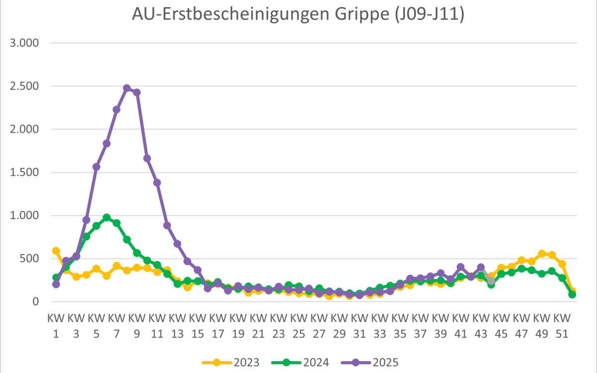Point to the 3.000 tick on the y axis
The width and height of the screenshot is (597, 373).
click(24, 43)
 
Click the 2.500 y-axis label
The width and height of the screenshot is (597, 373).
click(24, 87)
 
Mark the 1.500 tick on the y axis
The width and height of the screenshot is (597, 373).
click(24, 173)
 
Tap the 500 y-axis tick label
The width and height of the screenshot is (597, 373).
click(28, 259)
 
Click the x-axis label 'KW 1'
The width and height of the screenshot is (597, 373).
click(56, 325)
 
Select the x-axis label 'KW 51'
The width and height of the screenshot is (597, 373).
click(562, 325)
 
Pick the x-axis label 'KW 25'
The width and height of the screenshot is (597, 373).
click(298, 325)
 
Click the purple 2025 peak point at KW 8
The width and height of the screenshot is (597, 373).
click(127, 88)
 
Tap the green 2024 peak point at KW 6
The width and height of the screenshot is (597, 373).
click(106, 217)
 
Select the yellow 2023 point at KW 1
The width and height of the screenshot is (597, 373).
click(56, 251)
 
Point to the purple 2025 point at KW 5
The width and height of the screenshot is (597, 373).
click(97, 167)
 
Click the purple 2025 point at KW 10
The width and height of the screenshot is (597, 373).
click(147, 158)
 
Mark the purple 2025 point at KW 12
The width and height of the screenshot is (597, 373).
click(167, 225)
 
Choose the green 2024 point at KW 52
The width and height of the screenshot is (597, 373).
click(572, 294)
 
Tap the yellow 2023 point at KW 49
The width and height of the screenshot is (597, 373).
click(542, 254)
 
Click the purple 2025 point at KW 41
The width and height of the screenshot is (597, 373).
click(461, 267)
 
